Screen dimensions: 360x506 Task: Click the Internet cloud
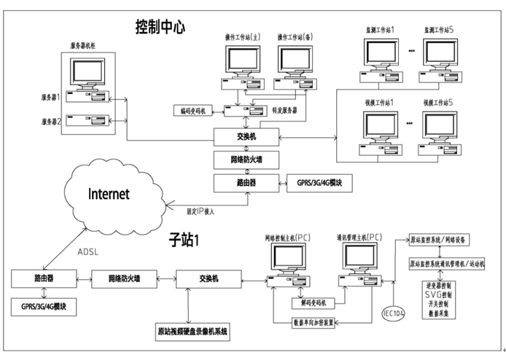(109, 194)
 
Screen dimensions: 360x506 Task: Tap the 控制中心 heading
(160, 28)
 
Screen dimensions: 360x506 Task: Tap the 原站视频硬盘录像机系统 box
(192, 330)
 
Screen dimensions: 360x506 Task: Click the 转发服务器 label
(285, 111)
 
